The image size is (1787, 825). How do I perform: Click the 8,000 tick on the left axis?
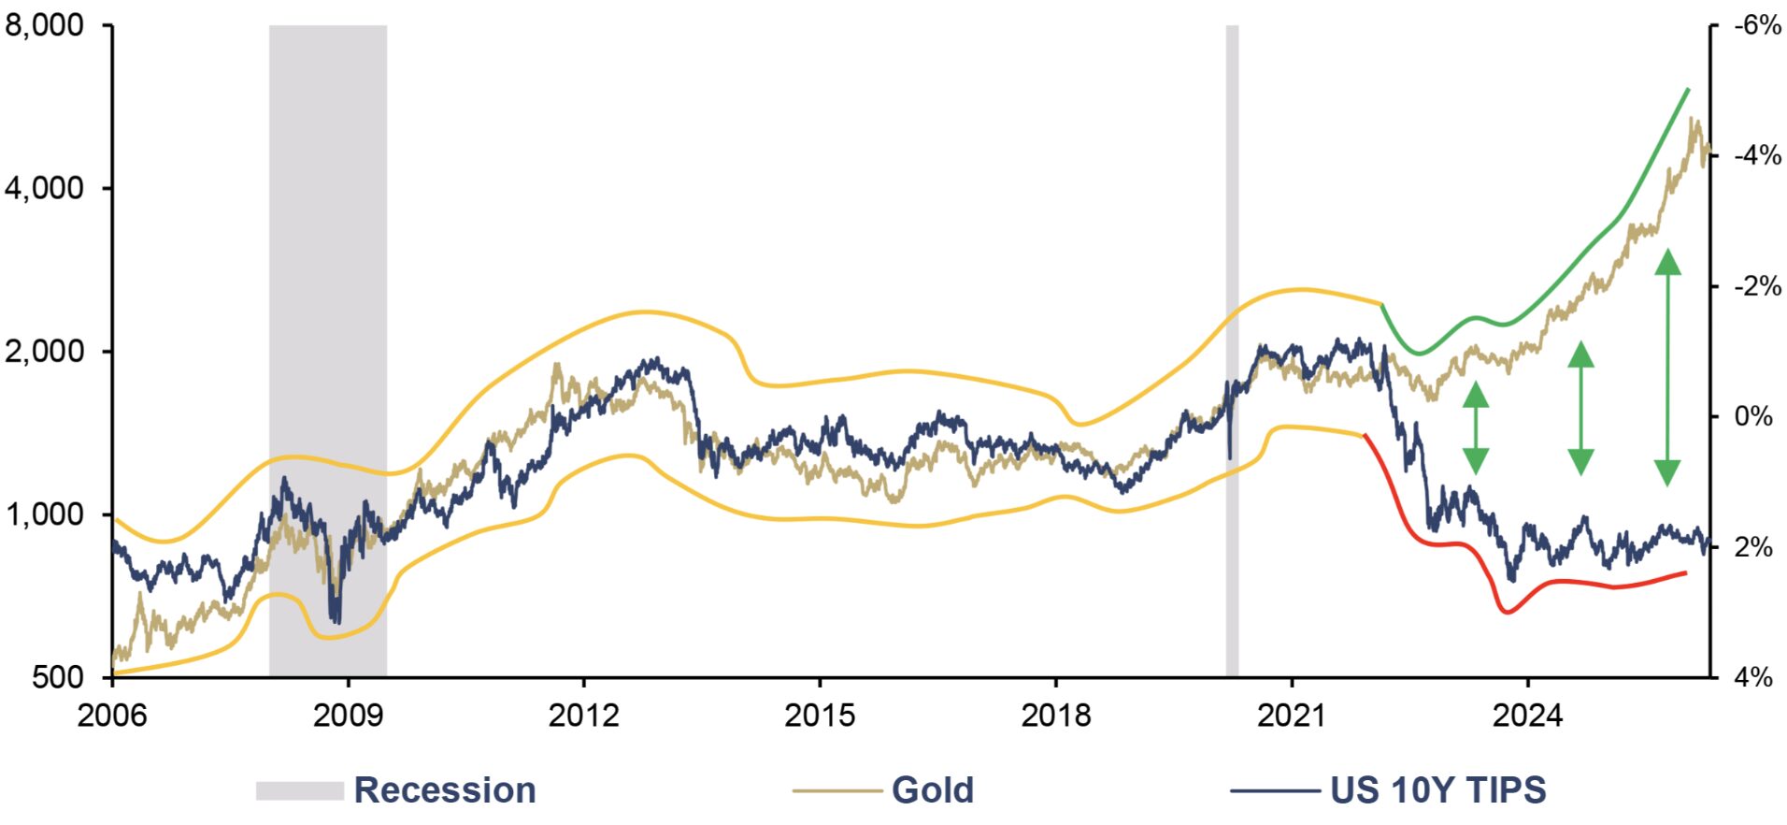pos(44,25)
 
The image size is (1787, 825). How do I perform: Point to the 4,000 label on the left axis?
pos(44,188)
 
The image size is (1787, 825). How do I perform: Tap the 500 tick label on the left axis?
pos(57,676)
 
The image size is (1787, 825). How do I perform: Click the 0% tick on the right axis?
pos(1753,416)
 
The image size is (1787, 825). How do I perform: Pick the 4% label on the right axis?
pos(1753,676)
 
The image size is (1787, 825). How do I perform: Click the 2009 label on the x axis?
pos(348,716)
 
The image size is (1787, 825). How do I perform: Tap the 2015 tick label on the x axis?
pos(820,716)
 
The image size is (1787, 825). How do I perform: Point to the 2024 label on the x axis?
pos(1527,716)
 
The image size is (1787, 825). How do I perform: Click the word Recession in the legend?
pos(445,790)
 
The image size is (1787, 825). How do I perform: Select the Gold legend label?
pos(933,790)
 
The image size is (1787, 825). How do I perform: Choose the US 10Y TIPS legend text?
pos(1438,790)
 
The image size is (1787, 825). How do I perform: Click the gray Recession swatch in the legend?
pos(300,790)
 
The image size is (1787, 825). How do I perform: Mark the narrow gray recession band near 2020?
pos(1232,351)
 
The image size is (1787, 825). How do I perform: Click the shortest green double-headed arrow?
pos(1475,428)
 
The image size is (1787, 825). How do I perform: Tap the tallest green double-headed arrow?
pos(1667,368)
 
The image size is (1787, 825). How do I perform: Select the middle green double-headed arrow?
pos(1580,409)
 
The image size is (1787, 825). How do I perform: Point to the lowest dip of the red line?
pos(1507,613)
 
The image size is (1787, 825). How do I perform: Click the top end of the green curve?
pos(1688,89)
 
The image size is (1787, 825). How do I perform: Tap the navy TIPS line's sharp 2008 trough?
pos(336,620)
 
